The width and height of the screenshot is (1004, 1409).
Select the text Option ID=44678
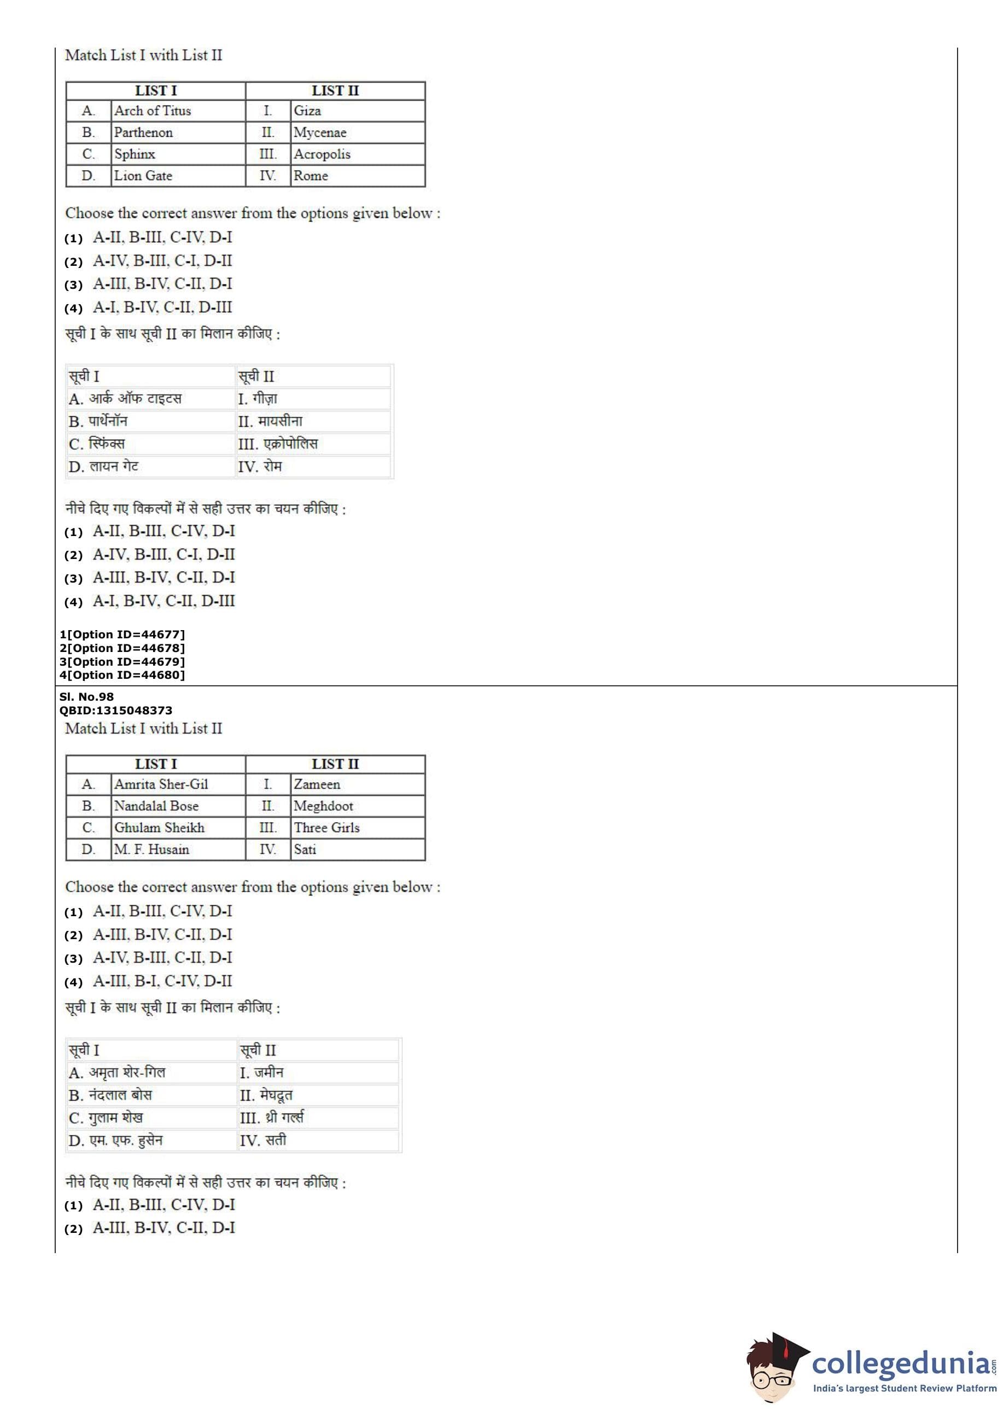pyautogui.click(x=126, y=648)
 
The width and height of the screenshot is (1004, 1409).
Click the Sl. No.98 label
pyautogui.click(x=86, y=697)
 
